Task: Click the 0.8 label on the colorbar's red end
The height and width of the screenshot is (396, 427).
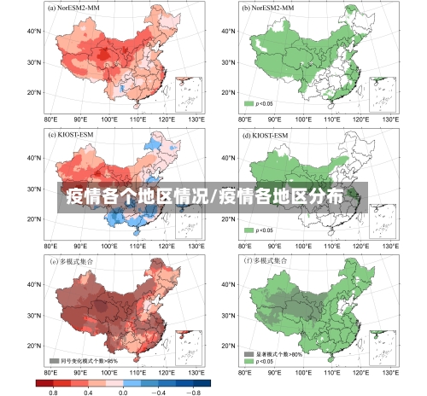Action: (x=53, y=392)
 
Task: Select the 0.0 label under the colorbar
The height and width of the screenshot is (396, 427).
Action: (x=123, y=392)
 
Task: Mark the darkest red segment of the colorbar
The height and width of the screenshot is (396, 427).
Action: (x=44, y=382)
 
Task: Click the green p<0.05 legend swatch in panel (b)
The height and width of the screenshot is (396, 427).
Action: (x=249, y=103)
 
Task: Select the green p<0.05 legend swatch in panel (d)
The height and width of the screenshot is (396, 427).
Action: (x=249, y=230)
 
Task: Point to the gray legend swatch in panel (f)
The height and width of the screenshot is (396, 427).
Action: (x=249, y=352)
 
